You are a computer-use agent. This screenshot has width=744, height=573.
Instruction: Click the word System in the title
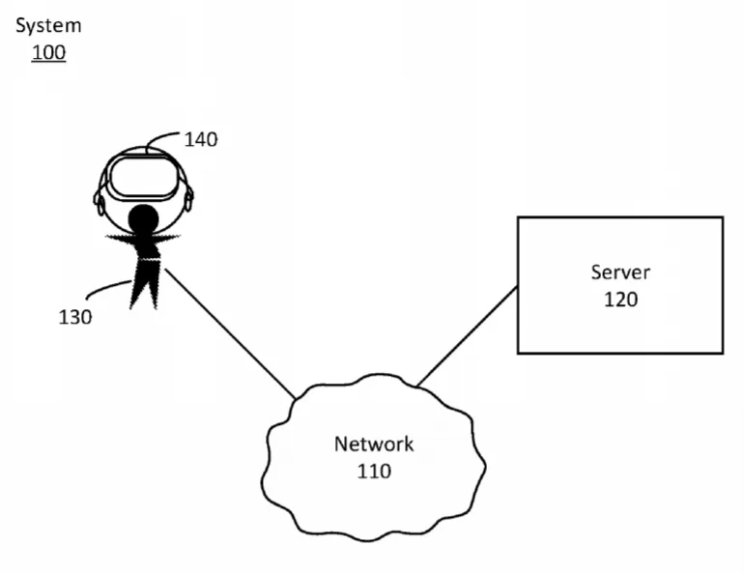pos(48,26)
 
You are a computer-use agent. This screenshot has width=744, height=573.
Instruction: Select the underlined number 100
pos(48,52)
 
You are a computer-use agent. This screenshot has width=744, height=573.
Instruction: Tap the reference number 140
pos(201,139)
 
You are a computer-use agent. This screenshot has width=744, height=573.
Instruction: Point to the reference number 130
pos(75,317)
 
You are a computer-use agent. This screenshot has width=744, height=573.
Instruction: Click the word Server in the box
pos(620,272)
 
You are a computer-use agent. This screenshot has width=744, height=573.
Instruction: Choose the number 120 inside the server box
pos(620,300)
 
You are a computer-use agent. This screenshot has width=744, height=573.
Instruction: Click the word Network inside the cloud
pos(374,444)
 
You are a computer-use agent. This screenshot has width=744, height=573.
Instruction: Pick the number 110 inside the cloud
pos(374,471)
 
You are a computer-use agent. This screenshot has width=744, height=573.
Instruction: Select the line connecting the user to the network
pos(230,333)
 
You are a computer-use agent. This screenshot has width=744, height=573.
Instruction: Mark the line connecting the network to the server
pos(467,336)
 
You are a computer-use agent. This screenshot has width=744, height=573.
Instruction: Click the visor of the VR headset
pos(143,178)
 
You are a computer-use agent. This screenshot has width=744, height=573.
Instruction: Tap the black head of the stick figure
pos(143,218)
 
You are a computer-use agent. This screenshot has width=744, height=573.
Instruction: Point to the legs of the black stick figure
pos(143,284)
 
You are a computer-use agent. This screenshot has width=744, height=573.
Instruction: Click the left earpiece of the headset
pos(99,202)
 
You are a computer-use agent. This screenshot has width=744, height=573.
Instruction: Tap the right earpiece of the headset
pos(188,199)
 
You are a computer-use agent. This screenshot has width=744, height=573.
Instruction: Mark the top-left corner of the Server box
pos(518,217)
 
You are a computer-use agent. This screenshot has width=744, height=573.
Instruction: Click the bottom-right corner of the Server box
pos(723,354)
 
